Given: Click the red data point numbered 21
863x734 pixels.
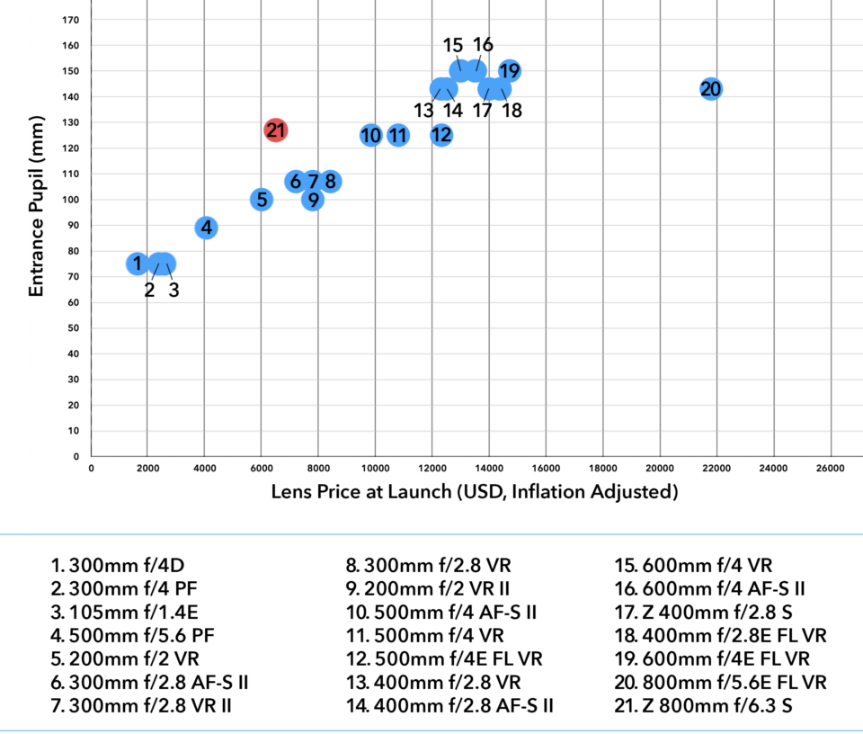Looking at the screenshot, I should click(x=276, y=130).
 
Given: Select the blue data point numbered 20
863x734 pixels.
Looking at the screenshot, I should click(x=711, y=89).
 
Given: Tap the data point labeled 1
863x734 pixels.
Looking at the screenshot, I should click(x=137, y=264).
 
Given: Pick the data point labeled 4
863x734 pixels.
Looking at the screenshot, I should click(x=207, y=228).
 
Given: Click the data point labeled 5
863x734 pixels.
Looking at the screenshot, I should click(x=261, y=200).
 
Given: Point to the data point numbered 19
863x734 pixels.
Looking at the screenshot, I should click(x=510, y=71).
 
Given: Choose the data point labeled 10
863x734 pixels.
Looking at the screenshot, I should click(x=370, y=136).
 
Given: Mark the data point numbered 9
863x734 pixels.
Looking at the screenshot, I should click(x=312, y=200).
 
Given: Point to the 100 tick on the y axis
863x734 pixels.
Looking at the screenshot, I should click(x=76, y=200).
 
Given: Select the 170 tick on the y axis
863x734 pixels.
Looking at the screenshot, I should click(x=76, y=20).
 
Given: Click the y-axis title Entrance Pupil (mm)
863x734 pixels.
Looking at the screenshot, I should click(x=37, y=205).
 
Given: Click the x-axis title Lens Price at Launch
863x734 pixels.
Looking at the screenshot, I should click(x=475, y=492).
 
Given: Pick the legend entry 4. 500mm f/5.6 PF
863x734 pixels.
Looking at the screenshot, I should click(x=133, y=636).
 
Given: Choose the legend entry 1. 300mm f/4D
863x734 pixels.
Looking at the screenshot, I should click(x=124, y=566).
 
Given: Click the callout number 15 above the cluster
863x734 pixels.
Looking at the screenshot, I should click(x=453, y=44).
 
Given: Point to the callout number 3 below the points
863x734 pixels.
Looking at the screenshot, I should click(x=173, y=291).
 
